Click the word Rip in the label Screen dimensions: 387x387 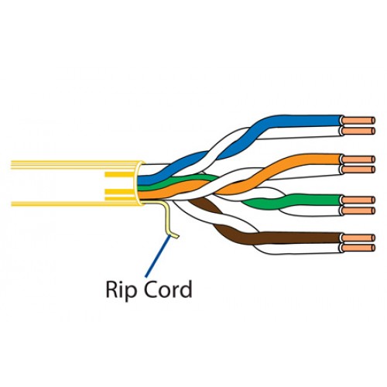120,290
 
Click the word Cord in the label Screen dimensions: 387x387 167,289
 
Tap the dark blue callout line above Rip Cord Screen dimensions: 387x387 158,256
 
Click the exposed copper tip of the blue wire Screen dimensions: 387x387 358,121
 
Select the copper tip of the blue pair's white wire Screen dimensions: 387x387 358,131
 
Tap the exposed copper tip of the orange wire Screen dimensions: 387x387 358,159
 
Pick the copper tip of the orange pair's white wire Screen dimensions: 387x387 358,170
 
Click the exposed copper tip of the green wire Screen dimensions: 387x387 358,200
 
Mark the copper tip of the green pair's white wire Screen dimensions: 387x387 358,211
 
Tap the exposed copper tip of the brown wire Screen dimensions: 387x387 358,238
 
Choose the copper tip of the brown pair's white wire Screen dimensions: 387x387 358,248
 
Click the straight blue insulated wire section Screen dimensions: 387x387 304,121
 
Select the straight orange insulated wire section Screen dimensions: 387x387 310,159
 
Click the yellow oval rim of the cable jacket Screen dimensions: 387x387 135,183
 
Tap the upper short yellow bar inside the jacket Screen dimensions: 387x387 119,175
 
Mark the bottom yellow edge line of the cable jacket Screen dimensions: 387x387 75,204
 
